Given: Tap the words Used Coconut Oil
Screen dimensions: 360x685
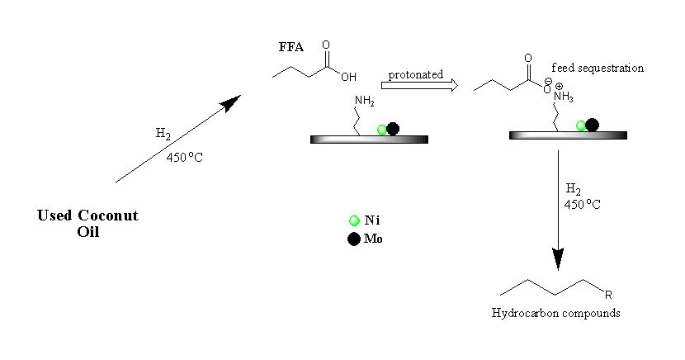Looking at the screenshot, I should point(87,223).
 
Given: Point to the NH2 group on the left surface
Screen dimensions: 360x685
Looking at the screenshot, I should point(365,101).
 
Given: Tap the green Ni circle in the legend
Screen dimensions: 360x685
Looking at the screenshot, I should point(354,220).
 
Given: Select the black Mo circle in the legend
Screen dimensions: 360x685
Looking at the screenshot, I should point(354,239).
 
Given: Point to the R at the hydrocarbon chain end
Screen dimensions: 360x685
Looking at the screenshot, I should point(608,293).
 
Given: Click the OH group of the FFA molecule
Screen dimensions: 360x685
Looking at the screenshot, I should point(348,77).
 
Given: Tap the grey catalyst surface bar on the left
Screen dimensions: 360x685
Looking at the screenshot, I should point(369,140).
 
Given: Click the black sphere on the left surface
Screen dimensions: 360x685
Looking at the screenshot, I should point(393,128).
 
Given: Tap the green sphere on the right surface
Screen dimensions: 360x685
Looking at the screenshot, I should point(581,126).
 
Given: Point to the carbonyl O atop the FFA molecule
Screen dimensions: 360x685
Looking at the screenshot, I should point(326,45).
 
